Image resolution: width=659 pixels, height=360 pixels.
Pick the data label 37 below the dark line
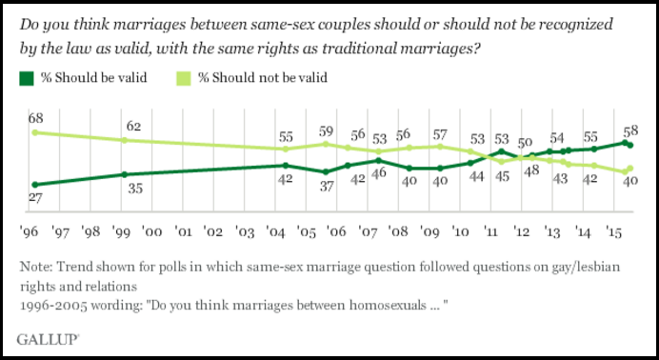325,186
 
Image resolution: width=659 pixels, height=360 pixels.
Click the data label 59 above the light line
326,130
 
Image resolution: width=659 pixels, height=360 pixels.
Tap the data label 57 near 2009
439,133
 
